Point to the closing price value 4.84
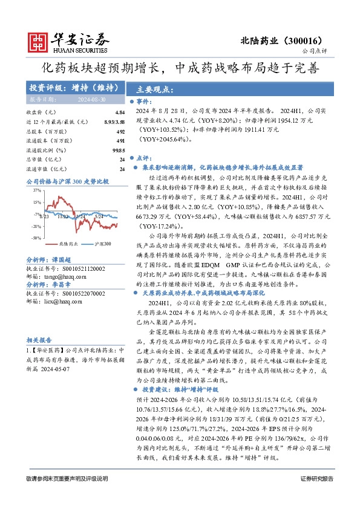119,113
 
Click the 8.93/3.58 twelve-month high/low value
114,122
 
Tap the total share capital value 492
120,131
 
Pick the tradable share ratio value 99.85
118,149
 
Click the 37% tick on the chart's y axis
38,190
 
